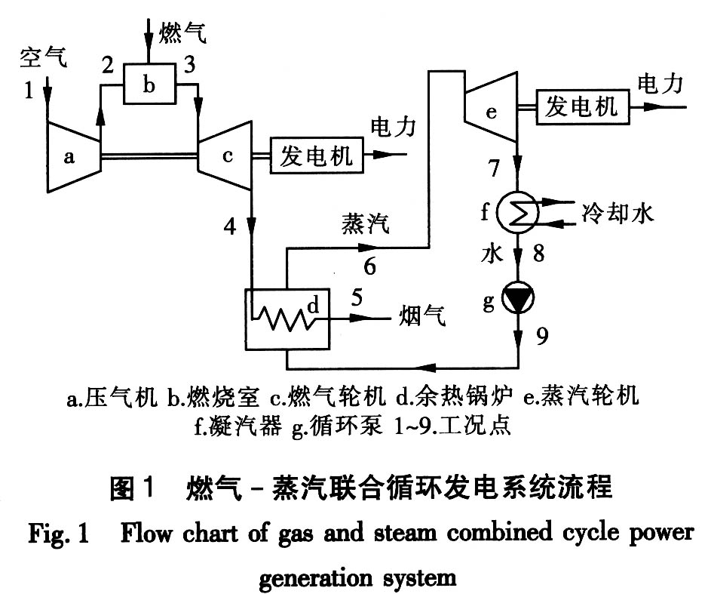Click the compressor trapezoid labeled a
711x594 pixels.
(73, 156)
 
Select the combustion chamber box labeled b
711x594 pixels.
(149, 85)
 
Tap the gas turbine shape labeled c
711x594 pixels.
(224, 157)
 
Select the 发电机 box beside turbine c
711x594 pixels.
(316, 156)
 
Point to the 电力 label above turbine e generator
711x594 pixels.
(660, 84)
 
